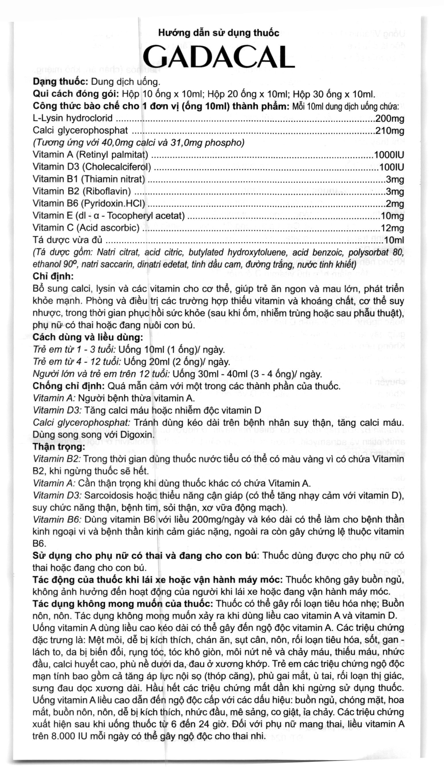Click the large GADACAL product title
click(219, 57)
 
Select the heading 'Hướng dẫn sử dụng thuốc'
click(218, 33)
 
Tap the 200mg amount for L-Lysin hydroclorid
click(390, 119)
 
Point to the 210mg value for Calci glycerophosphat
click(390, 131)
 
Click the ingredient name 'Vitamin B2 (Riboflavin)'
click(82, 191)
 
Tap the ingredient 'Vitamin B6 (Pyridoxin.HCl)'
click(89, 204)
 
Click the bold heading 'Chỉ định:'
click(53, 276)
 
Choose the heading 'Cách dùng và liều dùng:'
click(88, 337)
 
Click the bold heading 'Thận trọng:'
click(59, 447)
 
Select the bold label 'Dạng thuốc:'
click(61, 82)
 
